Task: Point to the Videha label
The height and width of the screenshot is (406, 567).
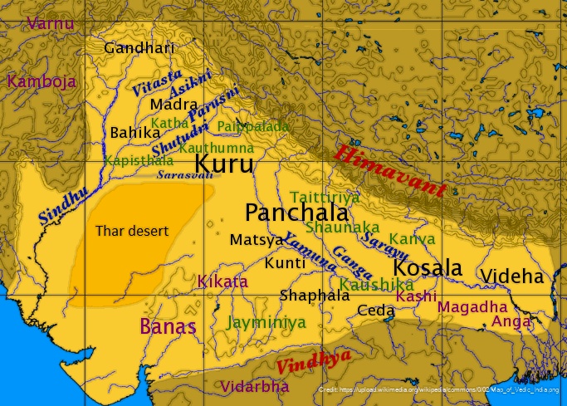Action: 511,276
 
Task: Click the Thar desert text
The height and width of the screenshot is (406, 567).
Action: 132,230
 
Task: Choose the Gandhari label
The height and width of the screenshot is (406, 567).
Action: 139,47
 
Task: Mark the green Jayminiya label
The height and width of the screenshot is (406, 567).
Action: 266,322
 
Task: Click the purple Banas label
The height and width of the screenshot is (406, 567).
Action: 168,326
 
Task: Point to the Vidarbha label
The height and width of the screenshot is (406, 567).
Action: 255,386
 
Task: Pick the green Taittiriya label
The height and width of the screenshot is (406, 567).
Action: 325,197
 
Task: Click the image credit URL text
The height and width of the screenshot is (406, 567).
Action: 438,389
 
